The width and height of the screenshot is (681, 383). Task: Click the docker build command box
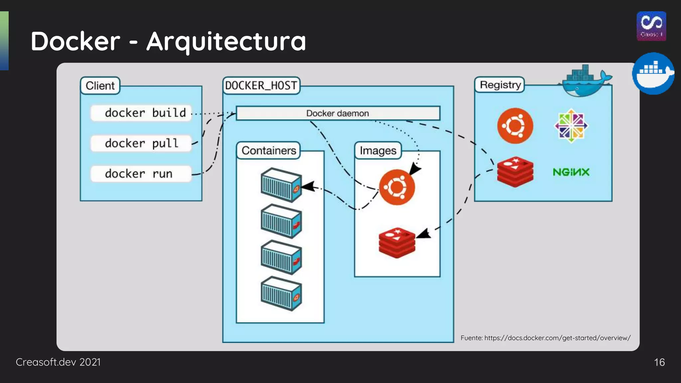[x=141, y=113]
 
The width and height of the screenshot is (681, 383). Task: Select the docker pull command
[x=141, y=144]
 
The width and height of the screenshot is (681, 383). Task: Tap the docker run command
[x=141, y=174]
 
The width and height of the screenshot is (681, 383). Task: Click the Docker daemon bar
[x=338, y=113]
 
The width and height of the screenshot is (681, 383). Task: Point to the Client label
[x=100, y=86]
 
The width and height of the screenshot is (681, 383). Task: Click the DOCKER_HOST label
[x=261, y=86]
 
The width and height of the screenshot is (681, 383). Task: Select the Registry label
[x=500, y=85]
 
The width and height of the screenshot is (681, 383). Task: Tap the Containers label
[x=268, y=151]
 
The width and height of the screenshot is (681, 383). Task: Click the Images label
[x=378, y=151]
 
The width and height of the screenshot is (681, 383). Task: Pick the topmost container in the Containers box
[x=281, y=185]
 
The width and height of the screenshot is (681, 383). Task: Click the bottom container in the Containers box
[x=281, y=294]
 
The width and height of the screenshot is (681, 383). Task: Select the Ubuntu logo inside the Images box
[x=397, y=187]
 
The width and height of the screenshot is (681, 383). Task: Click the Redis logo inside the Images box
[x=397, y=243]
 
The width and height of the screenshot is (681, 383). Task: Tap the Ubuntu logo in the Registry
[x=515, y=126]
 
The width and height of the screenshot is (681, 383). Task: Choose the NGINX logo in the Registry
[x=571, y=172]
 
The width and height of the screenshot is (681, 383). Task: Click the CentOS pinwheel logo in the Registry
[x=571, y=126]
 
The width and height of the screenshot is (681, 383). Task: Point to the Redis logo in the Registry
[x=515, y=172]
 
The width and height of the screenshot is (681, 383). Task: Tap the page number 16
[x=659, y=362]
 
